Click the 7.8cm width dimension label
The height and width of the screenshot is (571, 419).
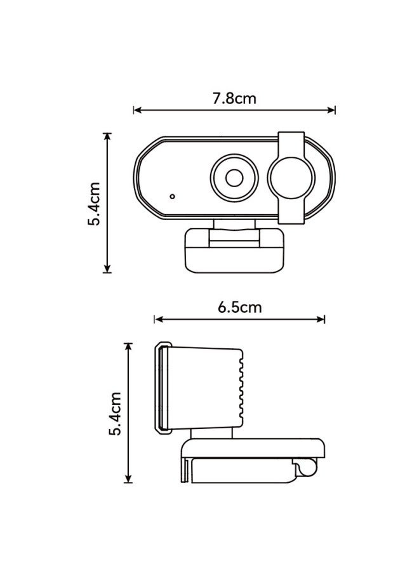point(234,98)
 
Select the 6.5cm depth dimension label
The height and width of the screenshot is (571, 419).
point(239,308)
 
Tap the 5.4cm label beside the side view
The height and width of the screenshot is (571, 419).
point(116,413)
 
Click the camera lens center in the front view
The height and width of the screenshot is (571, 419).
point(234,178)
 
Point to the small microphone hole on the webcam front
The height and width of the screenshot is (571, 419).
point(172,196)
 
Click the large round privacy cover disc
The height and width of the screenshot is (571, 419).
point(291,178)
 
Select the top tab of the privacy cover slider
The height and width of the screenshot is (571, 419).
point(291,140)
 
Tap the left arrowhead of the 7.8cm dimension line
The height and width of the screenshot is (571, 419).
point(136,110)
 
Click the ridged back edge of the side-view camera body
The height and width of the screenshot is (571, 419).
point(241,387)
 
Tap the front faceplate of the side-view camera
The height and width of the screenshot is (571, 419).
point(163,387)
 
